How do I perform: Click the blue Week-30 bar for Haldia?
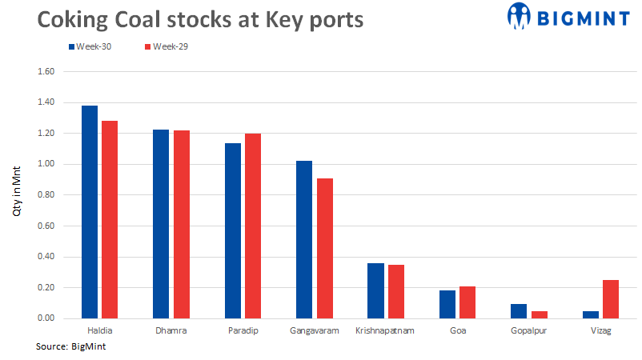point(90,212)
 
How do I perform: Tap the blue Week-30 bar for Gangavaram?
point(304,240)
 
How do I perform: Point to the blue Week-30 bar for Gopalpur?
point(519,311)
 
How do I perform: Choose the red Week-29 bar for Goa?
point(467,302)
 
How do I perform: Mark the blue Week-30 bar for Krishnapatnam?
point(375,290)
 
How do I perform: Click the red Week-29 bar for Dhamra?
point(182,225)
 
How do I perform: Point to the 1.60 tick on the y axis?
point(46,72)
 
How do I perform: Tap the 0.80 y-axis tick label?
point(46,195)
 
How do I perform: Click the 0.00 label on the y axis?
point(46,318)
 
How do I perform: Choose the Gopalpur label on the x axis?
point(529,330)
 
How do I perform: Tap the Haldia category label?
point(99,330)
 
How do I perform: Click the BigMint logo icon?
point(520,14)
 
